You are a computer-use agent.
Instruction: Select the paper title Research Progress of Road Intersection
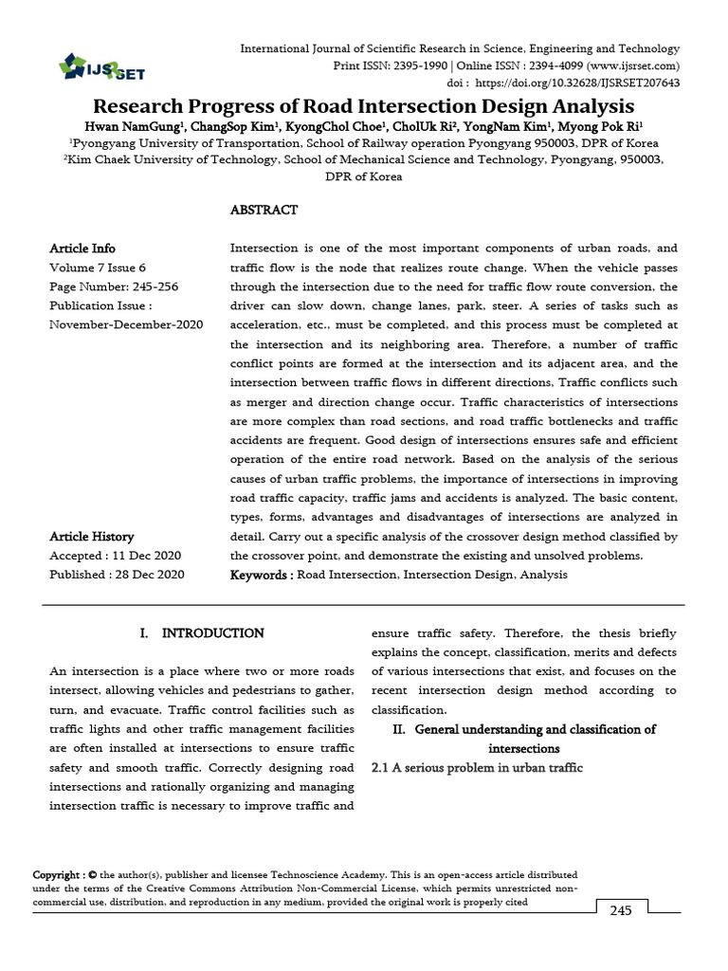(363, 106)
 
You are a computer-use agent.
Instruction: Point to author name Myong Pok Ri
(608, 125)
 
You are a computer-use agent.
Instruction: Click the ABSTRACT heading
(264, 210)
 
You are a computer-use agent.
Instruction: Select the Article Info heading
(82, 248)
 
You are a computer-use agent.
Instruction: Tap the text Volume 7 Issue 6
(98, 267)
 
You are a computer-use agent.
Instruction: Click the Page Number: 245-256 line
(114, 286)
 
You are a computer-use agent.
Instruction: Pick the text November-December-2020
(126, 324)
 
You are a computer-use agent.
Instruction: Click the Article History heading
(92, 537)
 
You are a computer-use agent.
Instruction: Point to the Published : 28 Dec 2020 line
(117, 575)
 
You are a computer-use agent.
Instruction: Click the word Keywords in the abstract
(260, 575)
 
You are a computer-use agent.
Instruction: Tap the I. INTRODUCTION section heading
(201, 632)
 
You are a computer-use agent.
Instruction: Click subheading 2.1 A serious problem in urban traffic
(475, 767)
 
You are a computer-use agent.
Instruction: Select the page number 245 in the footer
(620, 910)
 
